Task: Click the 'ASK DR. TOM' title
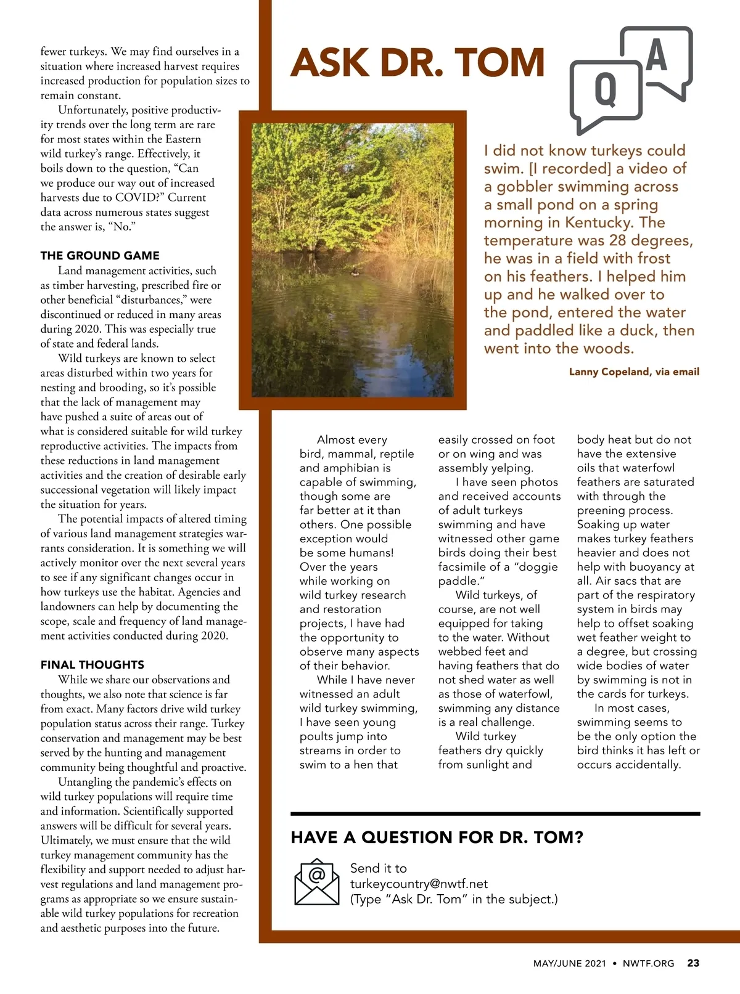[x=417, y=63]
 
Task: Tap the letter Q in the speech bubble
[x=605, y=90]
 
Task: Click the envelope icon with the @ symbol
[x=317, y=882]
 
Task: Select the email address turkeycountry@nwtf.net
[x=419, y=884]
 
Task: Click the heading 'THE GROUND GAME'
[x=100, y=256]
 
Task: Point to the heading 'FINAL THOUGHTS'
[x=92, y=665]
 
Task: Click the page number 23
[x=693, y=963]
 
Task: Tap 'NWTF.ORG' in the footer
[x=648, y=963]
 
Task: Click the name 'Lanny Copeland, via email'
[x=634, y=372]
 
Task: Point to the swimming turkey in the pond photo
[x=354, y=272]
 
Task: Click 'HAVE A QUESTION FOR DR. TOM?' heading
[x=437, y=837]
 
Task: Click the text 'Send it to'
[x=379, y=868]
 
